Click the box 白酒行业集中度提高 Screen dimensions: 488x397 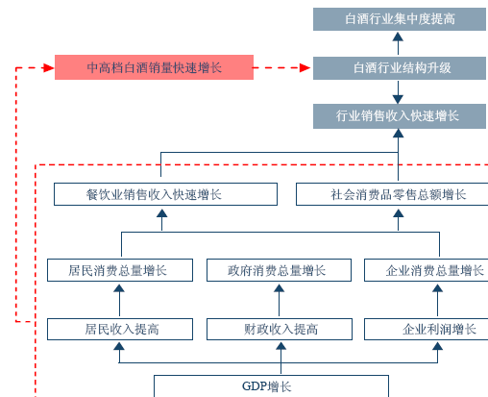(x=400, y=19)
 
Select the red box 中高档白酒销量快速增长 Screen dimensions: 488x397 (x=154, y=67)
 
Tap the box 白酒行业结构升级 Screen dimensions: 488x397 (x=400, y=68)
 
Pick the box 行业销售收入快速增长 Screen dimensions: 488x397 (x=400, y=116)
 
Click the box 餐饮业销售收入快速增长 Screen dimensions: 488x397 (x=165, y=194)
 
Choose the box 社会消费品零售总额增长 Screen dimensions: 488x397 (x=392, y=194)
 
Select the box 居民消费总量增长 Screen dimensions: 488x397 (x=120, y=270)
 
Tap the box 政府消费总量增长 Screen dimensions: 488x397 (x=279, y=270)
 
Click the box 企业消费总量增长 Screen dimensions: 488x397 (x=426, y=270)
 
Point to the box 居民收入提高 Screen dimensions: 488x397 (x=120, y=329)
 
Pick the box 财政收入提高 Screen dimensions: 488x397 (x=280, y=329)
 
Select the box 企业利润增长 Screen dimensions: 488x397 (x=426, y=329)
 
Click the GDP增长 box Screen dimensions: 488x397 (x=271, y=386)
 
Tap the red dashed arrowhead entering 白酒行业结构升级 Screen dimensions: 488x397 (x=305, y=67)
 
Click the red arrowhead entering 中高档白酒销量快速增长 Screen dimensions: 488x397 (x=49, y=67)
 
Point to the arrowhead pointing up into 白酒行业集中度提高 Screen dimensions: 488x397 (x=398, y=37)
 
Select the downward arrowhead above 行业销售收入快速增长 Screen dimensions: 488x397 (x=398, y=99)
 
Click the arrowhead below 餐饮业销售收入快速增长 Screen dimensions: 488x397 (x=162, y=213)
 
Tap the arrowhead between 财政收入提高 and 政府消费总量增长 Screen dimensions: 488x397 (x=279, y=288)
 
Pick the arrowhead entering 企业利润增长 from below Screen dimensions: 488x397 (x=437, y=346)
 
